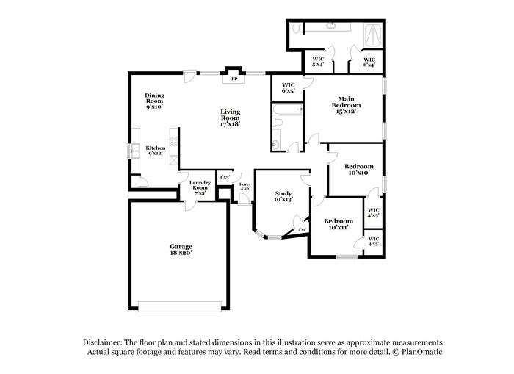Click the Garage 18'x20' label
(x=181, y=250)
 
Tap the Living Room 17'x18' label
(x=230, y=118)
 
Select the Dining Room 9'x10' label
(x=154, y=101)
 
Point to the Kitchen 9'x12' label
(x=155, y=151)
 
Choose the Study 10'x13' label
(x=283, y=196)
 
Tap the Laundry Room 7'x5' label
(x=200, y=187)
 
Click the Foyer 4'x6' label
(x=245, y=187)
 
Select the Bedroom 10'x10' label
(x=359, y=170)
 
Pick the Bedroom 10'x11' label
(x=339, y=224)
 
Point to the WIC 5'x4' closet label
(x=318, y=62)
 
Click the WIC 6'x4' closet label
(x=369, y=62)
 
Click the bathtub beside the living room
(x=287, y=111)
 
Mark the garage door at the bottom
(x=180, y=306)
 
